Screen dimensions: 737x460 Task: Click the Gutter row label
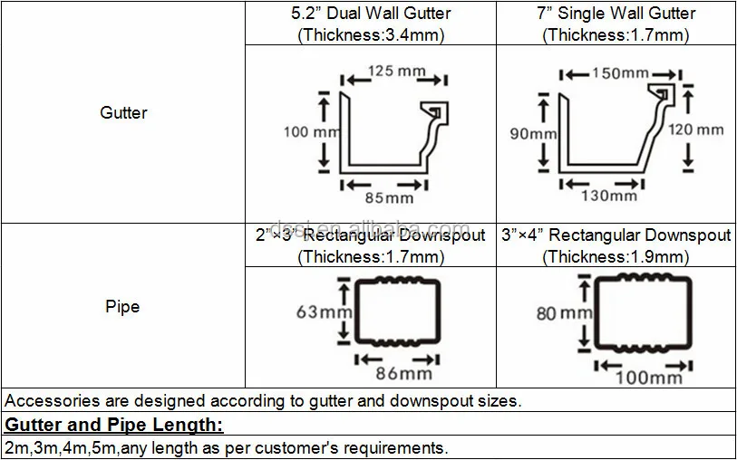123,113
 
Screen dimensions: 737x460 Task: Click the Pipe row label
122,306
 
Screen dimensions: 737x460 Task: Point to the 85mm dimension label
388,196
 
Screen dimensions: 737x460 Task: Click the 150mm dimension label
620,73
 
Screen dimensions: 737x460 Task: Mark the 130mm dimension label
608,195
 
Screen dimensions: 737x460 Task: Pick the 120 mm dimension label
696,129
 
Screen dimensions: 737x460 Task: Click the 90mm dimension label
533,133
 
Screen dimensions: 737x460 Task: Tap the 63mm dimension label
319,312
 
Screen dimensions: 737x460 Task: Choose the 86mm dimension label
403,371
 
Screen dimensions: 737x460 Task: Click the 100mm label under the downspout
649,376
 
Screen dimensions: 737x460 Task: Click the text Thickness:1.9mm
616,257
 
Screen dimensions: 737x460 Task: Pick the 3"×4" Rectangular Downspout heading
616,235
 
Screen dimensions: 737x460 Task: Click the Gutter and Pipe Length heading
114,425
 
